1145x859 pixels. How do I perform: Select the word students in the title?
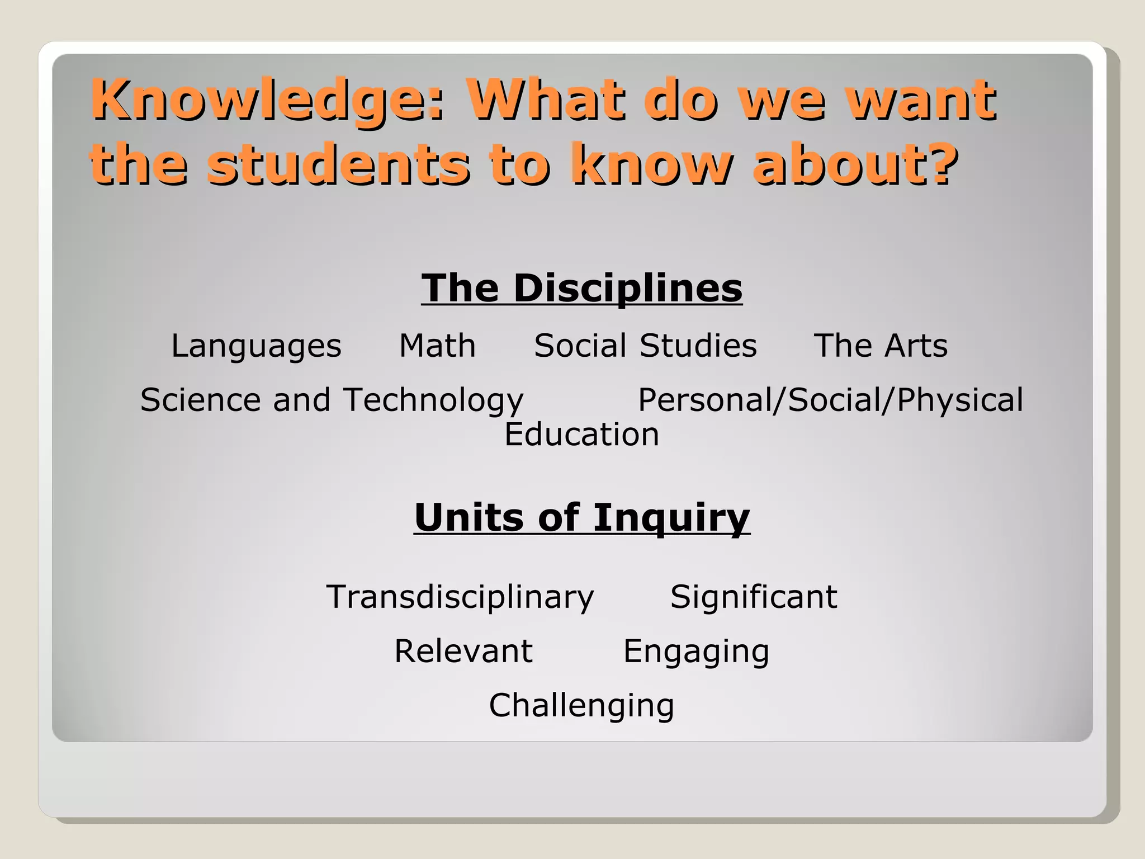click(x=339, y=164)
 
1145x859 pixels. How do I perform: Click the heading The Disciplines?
click(x=581, y=289)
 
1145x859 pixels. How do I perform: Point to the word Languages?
click(x=256, y=346)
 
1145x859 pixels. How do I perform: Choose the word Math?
click(x=437, y=346)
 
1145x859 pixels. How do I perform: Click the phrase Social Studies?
click(x=645, y=346)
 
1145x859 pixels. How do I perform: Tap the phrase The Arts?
click(x=881, y=346)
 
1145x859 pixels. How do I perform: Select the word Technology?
click(x=433, y=400)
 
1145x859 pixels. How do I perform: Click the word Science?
click(x=200, y=400)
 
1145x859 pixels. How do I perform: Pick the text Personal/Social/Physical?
click(x=830, y=400)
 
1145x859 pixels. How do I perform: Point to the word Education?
click(x=581, y=435)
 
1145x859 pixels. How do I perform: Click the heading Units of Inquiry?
click(x=581, y=518)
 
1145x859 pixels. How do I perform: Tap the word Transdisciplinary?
click(x=460, y=597)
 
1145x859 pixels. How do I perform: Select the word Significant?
click(x=754, y=597)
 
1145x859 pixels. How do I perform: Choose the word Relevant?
click(x=463, y=651)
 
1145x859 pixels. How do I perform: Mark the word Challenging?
click(x=581, y=706)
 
